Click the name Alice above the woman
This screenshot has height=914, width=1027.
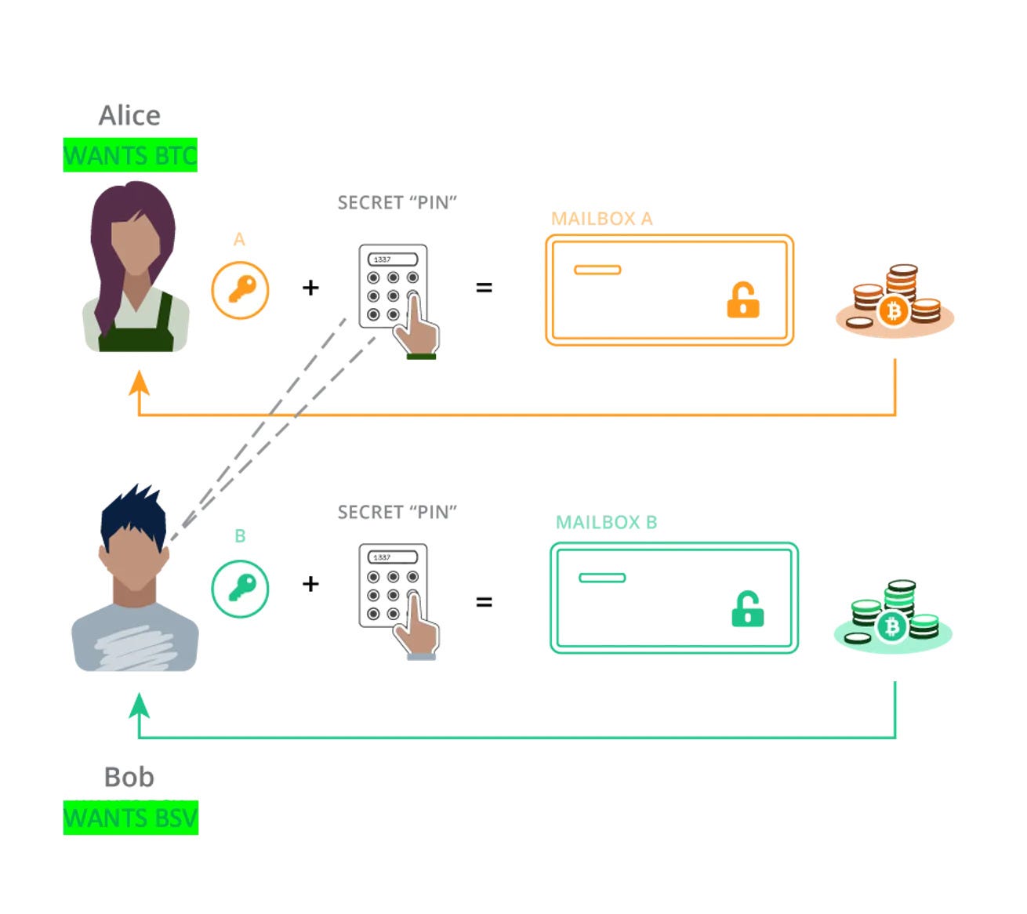point(129,115)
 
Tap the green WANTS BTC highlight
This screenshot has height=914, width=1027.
point(130,155)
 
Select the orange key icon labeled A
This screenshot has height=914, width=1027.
point(240,290)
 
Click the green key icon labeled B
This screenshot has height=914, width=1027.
point(240,589)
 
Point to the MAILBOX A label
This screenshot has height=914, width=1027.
point(601,219)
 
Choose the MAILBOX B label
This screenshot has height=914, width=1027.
point(606,522)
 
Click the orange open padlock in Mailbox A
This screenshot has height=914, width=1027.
point(742,300)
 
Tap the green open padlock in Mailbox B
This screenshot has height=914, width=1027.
point(747,609)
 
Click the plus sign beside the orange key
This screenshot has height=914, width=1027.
point(310,288)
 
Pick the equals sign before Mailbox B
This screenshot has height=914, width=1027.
point(484,602)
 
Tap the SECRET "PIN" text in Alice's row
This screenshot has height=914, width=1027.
point(397,202)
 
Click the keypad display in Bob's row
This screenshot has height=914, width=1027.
point(393,557)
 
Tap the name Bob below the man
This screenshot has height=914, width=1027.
point(129,777)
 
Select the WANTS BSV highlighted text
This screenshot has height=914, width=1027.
point(130,818)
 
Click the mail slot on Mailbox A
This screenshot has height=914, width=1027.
point(597,270)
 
